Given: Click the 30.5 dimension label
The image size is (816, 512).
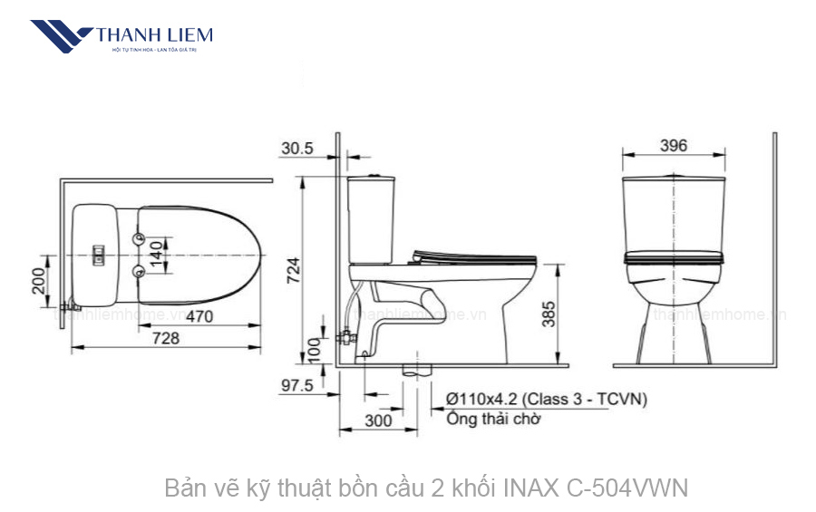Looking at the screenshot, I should coord(297,148).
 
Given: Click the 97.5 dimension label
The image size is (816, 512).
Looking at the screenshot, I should coord(296,385).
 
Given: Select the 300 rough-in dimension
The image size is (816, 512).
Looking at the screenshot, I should coord(379,420).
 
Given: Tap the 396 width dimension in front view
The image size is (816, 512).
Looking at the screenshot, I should coord(674,145).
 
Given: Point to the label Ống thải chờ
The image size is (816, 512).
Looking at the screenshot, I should coord(493,419).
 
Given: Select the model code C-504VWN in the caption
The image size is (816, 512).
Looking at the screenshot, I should coord(627,488).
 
